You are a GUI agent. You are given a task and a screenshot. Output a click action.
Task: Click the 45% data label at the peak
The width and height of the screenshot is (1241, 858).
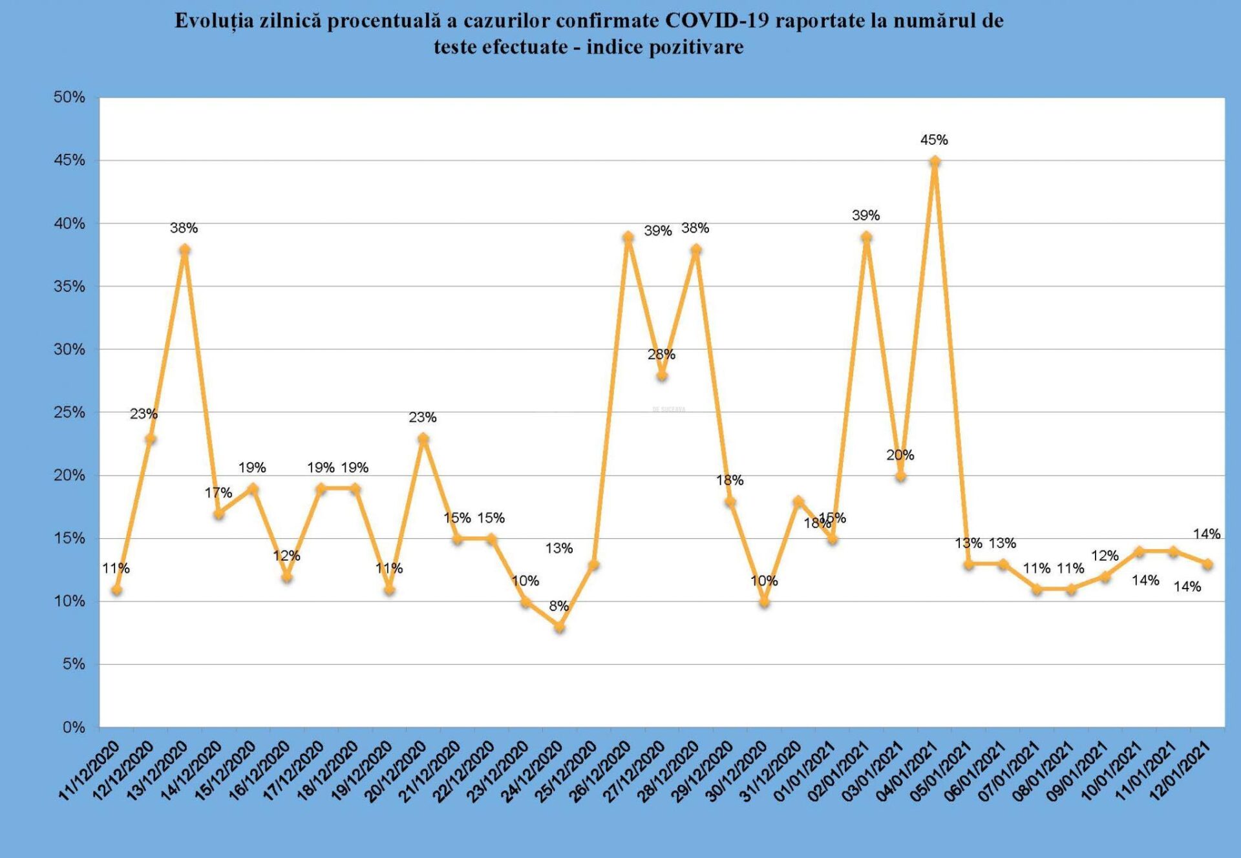pyautogui.click(x=934, y=140)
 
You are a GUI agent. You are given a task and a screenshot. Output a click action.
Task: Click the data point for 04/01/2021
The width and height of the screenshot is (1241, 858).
pyautogui.click(x=935, y=162)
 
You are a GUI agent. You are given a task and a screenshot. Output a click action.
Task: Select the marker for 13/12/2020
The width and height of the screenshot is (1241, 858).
pyautogui.click(x=184, y=249)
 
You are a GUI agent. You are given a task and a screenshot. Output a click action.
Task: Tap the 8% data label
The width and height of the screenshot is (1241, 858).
pyautogui.click(x=559, y=606)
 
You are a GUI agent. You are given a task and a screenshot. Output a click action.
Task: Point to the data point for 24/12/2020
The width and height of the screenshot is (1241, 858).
pyautogui.click(x=560, y=627)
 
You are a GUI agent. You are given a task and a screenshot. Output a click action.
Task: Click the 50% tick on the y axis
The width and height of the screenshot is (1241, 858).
pyautogui.click(x=69, y=98)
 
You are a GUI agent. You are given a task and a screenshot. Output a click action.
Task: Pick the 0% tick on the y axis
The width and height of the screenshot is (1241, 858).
pyautogui.click(x=74, y=727)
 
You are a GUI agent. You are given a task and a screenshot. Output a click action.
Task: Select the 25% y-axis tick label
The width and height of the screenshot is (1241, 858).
pyautogui.click(x=69, y=412)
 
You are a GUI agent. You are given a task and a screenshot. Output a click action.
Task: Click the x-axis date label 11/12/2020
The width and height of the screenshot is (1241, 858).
pyautogui.click(x=89, y=771)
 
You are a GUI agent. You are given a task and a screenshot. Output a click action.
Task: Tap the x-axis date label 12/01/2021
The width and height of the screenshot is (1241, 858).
pyautogui.click(x=1180, y=771)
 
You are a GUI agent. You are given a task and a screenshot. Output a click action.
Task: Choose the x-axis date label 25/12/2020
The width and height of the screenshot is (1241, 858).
pyautogui.click(x=566, y=771)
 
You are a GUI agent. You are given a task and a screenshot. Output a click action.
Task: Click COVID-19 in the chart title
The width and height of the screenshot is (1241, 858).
pyautogui.click(x=717, y=21)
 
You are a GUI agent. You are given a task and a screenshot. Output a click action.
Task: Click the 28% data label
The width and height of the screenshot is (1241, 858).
pyautogui.click(x=661, y=354)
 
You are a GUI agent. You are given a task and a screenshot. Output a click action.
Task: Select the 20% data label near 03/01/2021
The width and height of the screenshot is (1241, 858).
pyautogui.click(x=900, y=455)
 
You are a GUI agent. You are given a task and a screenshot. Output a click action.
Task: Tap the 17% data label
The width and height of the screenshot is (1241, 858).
pyautogui.click(x=218, y=493)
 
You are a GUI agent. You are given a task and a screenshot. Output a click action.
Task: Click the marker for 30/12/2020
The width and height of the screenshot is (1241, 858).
pyautogui.click(x=764, y=602)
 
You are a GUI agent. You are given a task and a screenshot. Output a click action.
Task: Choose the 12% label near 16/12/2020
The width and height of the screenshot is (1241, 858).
pyautogui.click(x=286, y=556)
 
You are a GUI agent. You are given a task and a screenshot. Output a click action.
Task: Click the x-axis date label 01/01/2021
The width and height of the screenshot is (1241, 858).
pyautogui.click(x=804, y=771)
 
